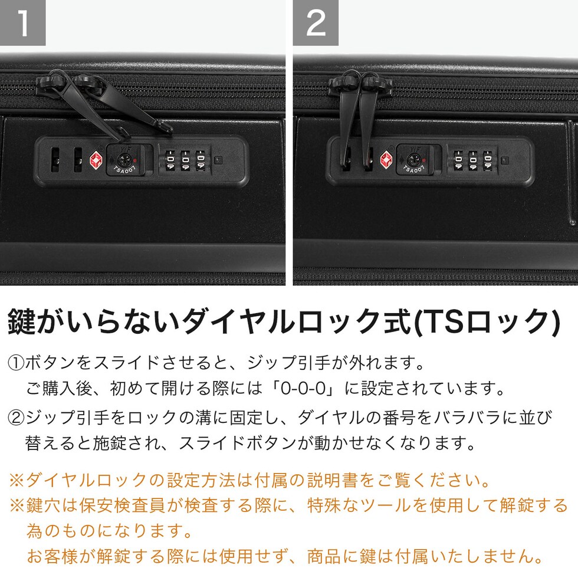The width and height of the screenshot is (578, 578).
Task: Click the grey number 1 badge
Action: click(x=22, y=22)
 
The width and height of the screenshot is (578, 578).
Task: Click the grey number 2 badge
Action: click(x=316, y=22)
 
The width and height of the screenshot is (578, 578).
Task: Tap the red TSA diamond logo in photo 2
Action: click(x=386, y=160)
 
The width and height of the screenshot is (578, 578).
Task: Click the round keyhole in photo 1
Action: click(x=123, y=160)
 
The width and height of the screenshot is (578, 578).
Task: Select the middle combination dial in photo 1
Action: click(x=185, y=160)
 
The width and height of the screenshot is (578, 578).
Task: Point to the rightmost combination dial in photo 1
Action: click(x=200, y=160)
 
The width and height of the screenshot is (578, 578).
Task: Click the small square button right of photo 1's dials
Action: click(x=218, y=160)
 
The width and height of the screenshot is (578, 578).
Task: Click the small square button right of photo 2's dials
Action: click(x=505, y=160)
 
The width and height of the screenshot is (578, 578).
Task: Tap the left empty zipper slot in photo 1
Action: click(x=55, y=160)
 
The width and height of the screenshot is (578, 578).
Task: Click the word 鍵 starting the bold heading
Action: click(x=22, y=322)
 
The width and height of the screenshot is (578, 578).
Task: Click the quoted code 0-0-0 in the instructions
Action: click(x=303, y=389)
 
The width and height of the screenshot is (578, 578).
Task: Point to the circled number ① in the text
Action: click(x=16, y=363)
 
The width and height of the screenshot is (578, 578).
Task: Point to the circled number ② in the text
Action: click(x=16, y=418)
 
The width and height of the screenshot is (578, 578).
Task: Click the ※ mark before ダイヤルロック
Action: click(x=17, y=480)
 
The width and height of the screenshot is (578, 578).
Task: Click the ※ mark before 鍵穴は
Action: click(x=17, y=505)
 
